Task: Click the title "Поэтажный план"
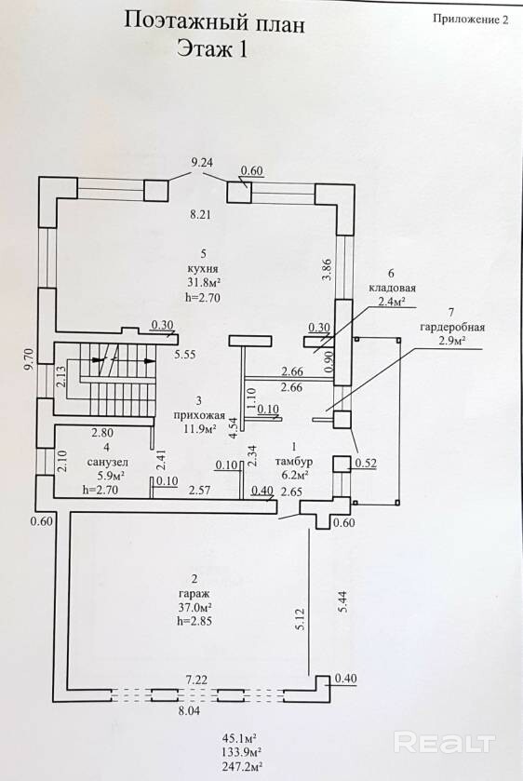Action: pyautogui.click(x=214, y=23)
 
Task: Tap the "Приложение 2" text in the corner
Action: pyautogui.click(x=471, y=20)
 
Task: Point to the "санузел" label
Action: pyautogui.click(x=107, y=462)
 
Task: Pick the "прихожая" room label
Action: pyautogui.click(x=199, y=415)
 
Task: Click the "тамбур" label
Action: pyautogui.click(x=294, y=461)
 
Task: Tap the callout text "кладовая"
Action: pyautogui.click(x=392, y=288)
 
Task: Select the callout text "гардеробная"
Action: pyautogui.click(x=452, y=328)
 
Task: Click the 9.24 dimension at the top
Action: pyautogui.click(x=202, y=162)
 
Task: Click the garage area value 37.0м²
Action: pyautogui.click(x=195, y=607)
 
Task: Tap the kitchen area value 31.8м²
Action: pyautogui.click(x=202, y=282)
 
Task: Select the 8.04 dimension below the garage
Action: pyautogui.click(x=189, y=711)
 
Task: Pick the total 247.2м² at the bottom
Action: pyautogui.click(x=243, y=765)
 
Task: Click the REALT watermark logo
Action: pyautogui.click(x=444, y=743)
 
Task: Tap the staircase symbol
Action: pyautogui.click(x=115, y=380)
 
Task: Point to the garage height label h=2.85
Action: pyautogui.click(x=198, y=621)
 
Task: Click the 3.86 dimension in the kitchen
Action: pyautogui.click(x=327, y=269)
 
